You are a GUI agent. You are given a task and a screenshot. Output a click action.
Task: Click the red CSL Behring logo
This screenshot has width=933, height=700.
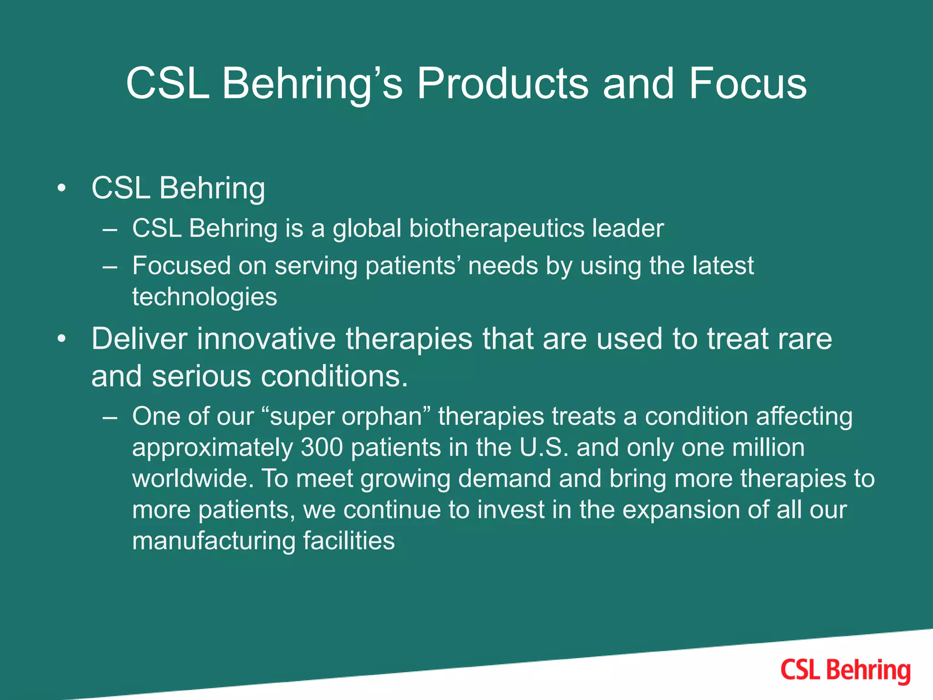point(845,671)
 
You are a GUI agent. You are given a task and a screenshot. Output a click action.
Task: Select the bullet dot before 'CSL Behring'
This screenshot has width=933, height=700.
point(62,188)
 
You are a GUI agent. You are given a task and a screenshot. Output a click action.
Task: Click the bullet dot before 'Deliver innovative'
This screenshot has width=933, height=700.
point(62,339)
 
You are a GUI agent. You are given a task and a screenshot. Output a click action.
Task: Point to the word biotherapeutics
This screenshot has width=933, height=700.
point(497,228)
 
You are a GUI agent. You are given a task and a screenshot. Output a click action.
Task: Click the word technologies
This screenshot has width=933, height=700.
point(205,297)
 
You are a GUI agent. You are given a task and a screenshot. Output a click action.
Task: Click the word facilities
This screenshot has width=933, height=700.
point(349,541)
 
